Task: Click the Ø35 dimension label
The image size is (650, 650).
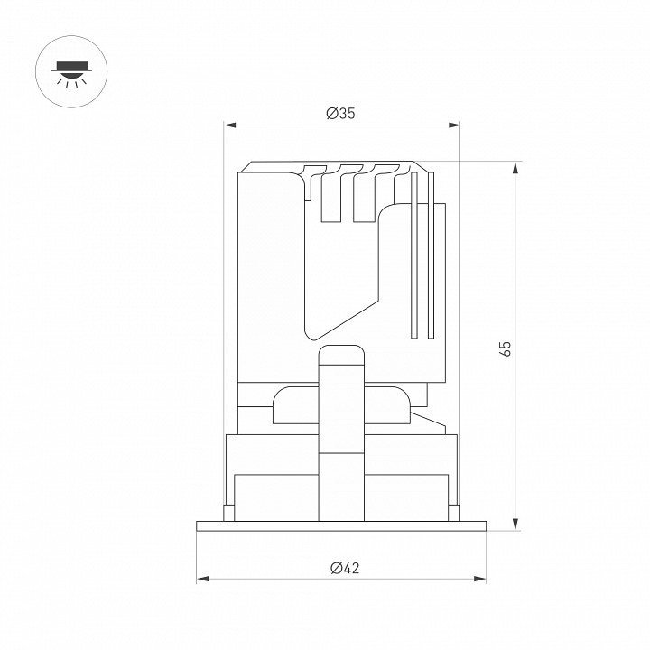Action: pyautogui.click(x=340, y=113)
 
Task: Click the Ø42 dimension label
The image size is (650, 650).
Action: pyautogui.click(x=345, y=568)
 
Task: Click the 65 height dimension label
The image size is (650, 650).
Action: pyautogui.click(x=506, y=348)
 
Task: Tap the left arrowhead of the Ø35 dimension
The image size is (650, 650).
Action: pyautogui.click(x=229, y=125)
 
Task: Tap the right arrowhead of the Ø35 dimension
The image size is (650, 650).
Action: pyautogui.click(x=454, y=125)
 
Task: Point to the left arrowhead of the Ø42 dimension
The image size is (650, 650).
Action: pyautogui.click(x=203, y=579)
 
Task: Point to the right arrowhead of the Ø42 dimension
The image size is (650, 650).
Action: pyautogui.click(x=479, y=579)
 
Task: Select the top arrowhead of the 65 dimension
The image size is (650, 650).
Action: pyautogui.click(x=515, y=168)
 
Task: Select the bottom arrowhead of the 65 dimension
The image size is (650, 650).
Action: pyautogui.click(x=515, y=524)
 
